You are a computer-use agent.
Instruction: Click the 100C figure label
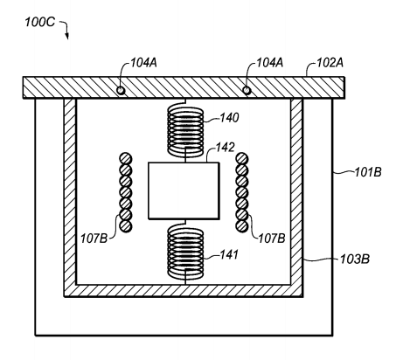pyautogui.click(x=39, y=22)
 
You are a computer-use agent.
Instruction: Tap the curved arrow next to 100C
pyautogui.click(x=66, y=29)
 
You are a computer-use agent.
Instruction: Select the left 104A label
pyautogui.click(x=143, y=63)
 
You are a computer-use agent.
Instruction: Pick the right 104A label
pyautogui.click(x=269, y=63)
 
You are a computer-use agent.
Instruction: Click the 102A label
pyautogui.click(x=330, y=63)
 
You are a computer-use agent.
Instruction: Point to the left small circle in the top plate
pyautogui.click(x=121, y=91)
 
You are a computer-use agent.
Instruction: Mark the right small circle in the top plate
pyautogui.click(x=247, y=91)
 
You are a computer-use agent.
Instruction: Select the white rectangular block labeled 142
pyautogui.click(x=184, y=190)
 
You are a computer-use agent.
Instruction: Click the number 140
pyautogui.click(x=229, y=118)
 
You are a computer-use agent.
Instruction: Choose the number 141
pyautogui.click(x=229, y=255)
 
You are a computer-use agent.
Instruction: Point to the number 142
pyautogui.click(x=225, y=148)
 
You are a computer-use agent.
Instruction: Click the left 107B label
pyautogui.click(x=94, y=239)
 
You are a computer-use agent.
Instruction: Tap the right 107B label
pyautogui.click(x=272, y=239)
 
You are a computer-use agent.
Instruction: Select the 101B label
pyautogui.click(x=368, y=172)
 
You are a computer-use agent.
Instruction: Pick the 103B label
pyautogui.click(x=355, y=259)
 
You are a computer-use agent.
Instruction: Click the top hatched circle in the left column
pyautogui.click(x=126, y=159)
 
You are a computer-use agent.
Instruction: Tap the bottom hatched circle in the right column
pyautogui.click(x=242, y=226)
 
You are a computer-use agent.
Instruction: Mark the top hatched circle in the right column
pyautogui.click(x=242, y=159)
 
